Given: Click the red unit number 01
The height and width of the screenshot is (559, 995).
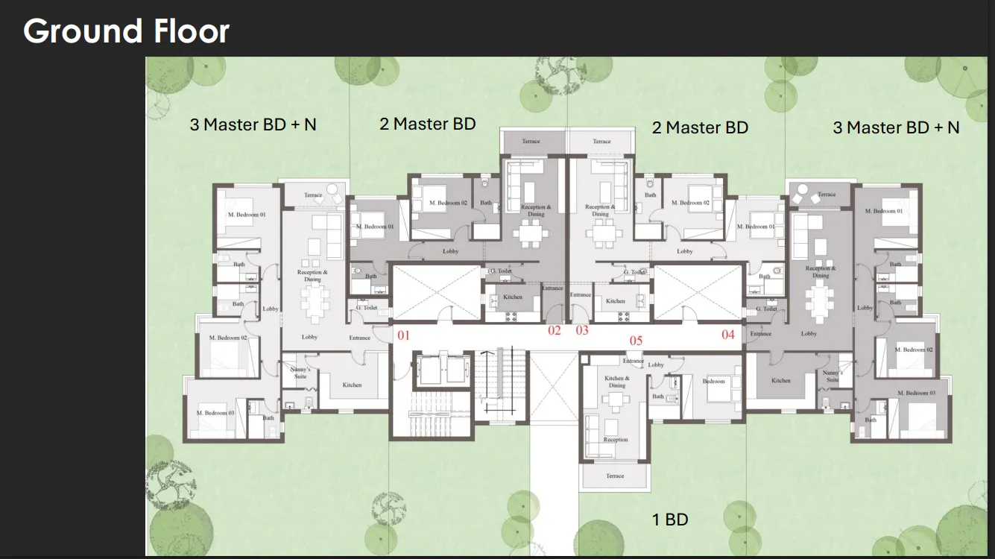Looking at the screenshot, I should click(403, 335).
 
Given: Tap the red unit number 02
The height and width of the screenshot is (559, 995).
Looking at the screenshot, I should click(554, 330).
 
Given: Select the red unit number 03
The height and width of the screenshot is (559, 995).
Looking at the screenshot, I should click(582, 330).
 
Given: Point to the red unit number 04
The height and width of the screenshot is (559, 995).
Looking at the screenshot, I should click(728, 335).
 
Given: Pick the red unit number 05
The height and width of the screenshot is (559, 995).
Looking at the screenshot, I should click(636, 341).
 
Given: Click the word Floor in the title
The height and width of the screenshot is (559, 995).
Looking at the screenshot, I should click(192, 31).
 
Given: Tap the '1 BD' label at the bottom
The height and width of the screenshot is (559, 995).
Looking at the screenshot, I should click(670, 519).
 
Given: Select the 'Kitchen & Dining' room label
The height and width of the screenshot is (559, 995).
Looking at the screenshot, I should click(616, 382).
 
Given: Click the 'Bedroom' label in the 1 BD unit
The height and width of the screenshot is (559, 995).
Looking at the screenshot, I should click(713, 381).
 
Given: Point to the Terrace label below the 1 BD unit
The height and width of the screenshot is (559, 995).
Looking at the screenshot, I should click(615, 476).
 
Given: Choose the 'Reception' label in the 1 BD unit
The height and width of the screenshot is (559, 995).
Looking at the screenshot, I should click(616, 440).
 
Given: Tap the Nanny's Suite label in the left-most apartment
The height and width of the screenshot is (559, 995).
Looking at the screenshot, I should click(300, 373).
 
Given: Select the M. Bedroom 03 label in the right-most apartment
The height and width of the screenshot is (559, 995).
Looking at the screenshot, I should click(916, 393).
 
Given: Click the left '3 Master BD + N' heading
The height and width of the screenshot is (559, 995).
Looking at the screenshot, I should click(253, 124).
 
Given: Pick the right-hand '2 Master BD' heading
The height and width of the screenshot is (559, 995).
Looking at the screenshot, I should click(700, 127).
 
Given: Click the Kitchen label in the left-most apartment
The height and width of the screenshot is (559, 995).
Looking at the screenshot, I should click(352, 385).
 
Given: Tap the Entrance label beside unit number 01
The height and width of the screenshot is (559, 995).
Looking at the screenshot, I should click(359, 338).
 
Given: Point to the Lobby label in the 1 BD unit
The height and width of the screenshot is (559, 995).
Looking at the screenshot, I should click(656, 364).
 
